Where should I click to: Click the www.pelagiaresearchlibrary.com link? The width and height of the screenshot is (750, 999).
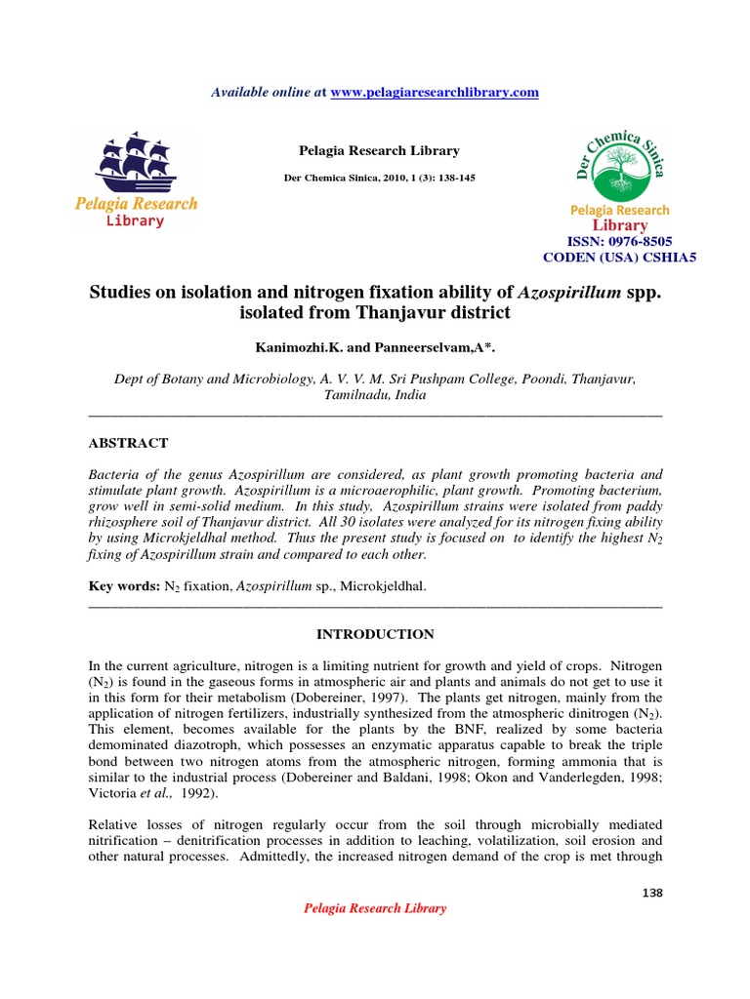click(435, 92)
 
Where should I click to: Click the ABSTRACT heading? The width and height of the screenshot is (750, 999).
click(128, 443)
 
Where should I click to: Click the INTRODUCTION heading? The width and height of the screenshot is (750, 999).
click(375, 634)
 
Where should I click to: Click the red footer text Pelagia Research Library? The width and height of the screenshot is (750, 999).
click(375, 908)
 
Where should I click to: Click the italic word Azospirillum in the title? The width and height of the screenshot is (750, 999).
click(566, 292)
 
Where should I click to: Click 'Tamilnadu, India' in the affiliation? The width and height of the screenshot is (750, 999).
click(375, 397)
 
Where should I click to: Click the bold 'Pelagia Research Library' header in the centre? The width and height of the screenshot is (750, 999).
click(378, 151)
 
